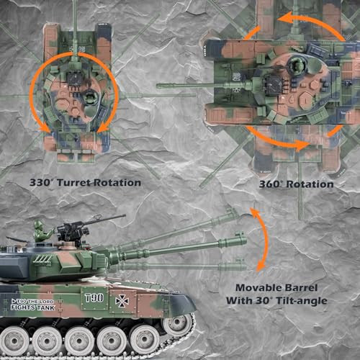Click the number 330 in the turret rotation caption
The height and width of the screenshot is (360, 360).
click(x=40, y=183)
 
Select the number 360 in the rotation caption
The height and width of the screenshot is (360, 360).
click(x=269, y=184)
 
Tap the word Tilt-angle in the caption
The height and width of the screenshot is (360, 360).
click(x=302, y=301)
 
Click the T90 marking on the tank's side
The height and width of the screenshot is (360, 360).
click(x=94, y=298)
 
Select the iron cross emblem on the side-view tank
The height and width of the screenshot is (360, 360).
click(x=122, y=301)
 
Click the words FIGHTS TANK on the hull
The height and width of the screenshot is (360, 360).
click(x=33, y=307)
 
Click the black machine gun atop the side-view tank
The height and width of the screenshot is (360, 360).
click(x=79, y=228)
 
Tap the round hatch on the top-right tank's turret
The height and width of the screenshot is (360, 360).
click(x=297, y=65)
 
